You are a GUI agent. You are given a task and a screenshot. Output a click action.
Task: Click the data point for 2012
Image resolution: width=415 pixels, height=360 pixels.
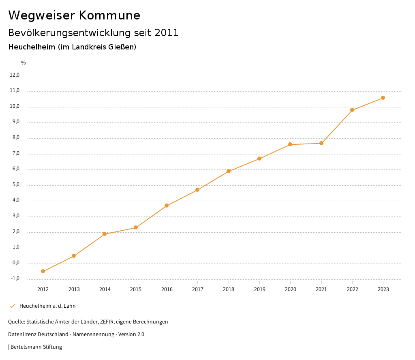click(43, 271)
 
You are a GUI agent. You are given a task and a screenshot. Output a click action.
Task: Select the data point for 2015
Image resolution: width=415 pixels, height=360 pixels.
click(136, 227)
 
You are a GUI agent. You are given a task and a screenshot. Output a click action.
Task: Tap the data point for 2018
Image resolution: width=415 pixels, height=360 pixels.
click(229, 171)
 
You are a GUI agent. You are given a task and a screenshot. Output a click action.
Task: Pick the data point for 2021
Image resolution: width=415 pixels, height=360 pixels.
click(321, 143)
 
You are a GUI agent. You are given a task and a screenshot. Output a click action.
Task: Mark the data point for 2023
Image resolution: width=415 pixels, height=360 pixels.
click(383, 98)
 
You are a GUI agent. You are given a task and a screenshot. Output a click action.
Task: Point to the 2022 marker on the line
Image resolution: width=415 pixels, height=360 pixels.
click(352, 110)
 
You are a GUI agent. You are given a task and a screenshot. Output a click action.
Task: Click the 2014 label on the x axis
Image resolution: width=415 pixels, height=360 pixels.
click(105, 289)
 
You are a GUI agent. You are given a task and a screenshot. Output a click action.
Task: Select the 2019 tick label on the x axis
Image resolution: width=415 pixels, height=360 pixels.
click(259, 289)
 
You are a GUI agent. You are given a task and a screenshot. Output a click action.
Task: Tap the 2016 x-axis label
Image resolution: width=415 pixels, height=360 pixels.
click(167, 289)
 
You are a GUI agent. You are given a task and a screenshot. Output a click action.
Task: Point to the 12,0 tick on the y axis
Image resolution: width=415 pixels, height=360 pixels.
click(15, 75)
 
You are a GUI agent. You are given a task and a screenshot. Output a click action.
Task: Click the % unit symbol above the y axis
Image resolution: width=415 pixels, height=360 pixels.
click(24, 63)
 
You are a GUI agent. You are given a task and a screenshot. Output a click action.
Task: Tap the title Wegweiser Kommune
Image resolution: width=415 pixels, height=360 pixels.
click(74, 15)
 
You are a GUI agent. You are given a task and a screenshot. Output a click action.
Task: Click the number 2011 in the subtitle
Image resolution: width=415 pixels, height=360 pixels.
click(167, 33)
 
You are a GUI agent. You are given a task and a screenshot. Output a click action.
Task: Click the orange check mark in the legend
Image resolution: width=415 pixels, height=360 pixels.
click(12, 306)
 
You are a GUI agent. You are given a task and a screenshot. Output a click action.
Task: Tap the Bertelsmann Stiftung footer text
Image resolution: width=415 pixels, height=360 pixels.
click(36, 347)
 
